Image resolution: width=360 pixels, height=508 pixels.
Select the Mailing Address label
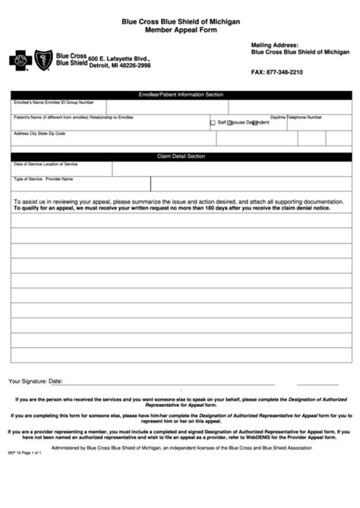pos(274,45)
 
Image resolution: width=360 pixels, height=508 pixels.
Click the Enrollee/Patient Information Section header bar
pos(181,94)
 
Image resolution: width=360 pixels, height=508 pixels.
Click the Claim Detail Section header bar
pos(181,156)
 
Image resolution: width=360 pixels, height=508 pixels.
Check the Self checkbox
pos(213,122)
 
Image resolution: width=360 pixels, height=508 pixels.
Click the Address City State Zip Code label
pos(39,134)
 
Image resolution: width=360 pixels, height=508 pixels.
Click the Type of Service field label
pos(27,179)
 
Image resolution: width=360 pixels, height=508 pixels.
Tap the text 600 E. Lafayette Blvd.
pos(119,58)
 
